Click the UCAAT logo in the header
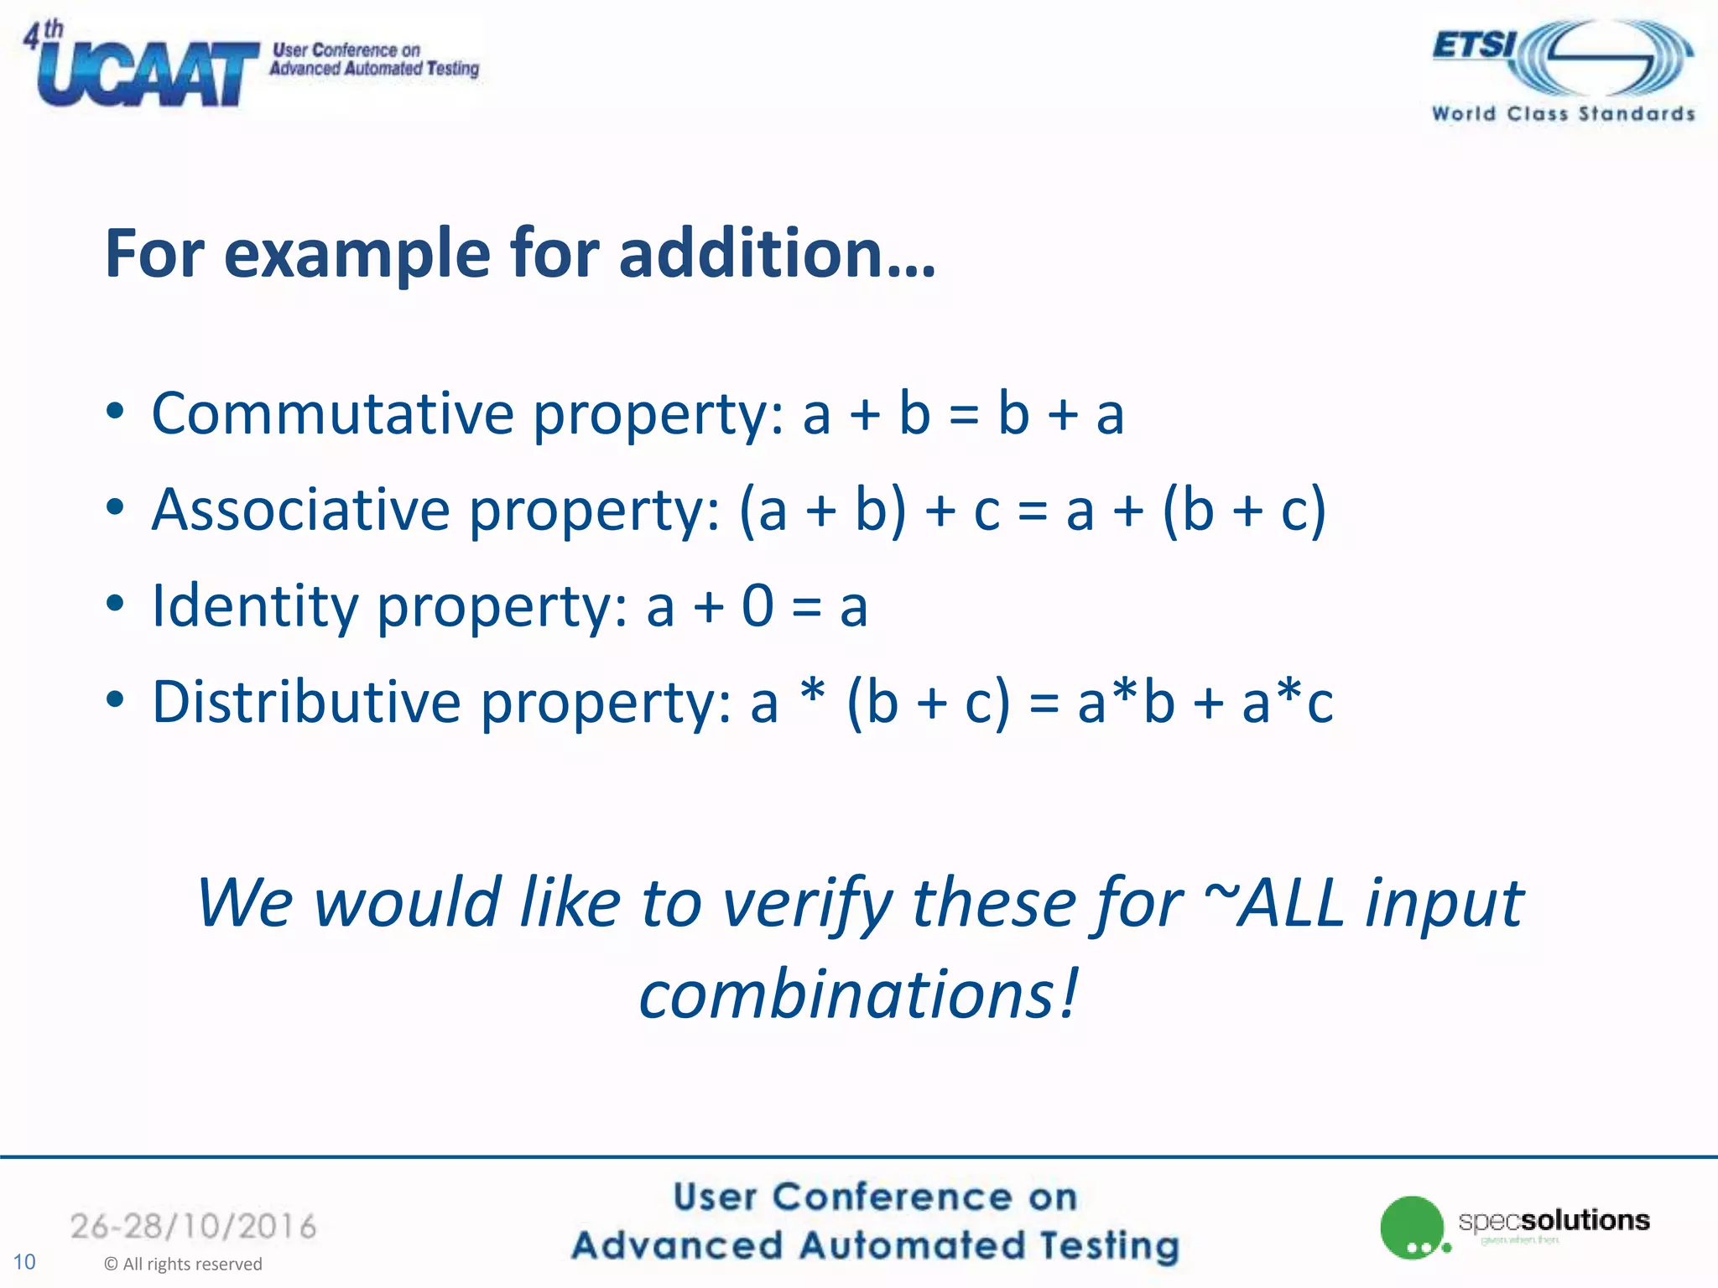[x=147, y=74]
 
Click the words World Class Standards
[x=1563, y=114]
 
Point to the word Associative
[x=300, y=510]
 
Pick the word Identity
[x=255, y=606]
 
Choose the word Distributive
[x=306, y=702]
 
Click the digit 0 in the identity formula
[x=757, y=605]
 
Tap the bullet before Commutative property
[x=115, y=412]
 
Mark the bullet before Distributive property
[x=115, y=699]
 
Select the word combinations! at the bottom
[x=857, y=995]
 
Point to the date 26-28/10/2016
[x=193, y=1227]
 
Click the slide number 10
[x=24, y=1262]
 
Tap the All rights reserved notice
[x=183, y=1264]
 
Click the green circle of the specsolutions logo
[x=1411, y=1227]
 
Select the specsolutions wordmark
[x=1554, y=1220]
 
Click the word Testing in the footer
[x=1109, y=1245]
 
